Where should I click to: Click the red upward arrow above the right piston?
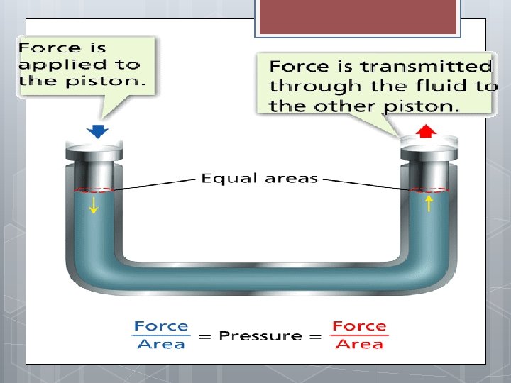(425, 131)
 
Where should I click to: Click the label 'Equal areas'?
(259, 178)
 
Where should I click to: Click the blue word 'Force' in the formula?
(162, 326)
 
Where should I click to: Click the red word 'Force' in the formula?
(360, 326)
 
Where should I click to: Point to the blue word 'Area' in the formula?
(162, 345)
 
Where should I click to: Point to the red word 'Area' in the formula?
(360, 345)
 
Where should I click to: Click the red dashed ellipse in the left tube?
(92, 189)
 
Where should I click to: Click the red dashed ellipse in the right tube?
(430, 189)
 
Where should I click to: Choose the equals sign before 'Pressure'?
(205, 335)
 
